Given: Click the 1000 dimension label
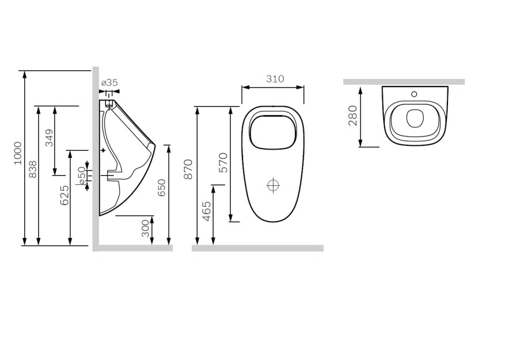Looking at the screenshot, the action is click(x=18, y=153).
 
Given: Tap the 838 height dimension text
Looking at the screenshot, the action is click(x=32, y=169).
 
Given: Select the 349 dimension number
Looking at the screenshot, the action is click(x=49, y=138).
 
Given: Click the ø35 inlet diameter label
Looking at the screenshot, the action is click(x=109, y=82).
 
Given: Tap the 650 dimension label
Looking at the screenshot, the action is click(x=162, y=188).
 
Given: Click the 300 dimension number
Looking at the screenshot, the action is click(x=145, y=228).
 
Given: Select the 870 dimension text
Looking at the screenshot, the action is click(x=189, y=169).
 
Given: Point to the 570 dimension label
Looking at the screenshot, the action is click(x=223, y=162).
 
